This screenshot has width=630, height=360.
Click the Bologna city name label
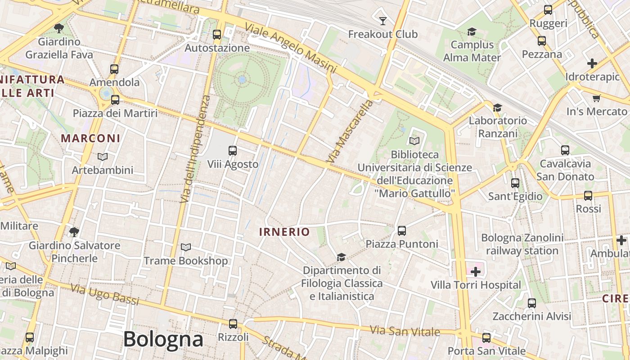163,339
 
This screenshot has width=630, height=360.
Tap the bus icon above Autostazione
217,34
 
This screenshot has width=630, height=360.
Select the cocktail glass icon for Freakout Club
383,21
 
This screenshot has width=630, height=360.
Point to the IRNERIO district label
284,232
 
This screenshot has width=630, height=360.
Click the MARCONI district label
90,138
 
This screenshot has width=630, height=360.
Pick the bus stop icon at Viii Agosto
233,151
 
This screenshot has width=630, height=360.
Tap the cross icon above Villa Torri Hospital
476,271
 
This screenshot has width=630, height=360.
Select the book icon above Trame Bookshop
185,247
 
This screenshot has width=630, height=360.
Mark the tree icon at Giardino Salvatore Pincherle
74,232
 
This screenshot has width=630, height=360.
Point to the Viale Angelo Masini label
290,49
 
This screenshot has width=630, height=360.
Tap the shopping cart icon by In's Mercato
597,98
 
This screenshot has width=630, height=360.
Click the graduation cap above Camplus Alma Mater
472,31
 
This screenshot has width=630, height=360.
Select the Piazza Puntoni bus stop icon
402,231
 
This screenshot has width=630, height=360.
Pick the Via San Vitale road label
405,331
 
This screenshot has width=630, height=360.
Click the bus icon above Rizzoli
233,324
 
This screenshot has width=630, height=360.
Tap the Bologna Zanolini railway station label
522,244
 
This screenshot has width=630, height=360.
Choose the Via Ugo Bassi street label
105,294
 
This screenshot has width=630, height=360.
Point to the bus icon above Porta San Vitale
486,337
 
